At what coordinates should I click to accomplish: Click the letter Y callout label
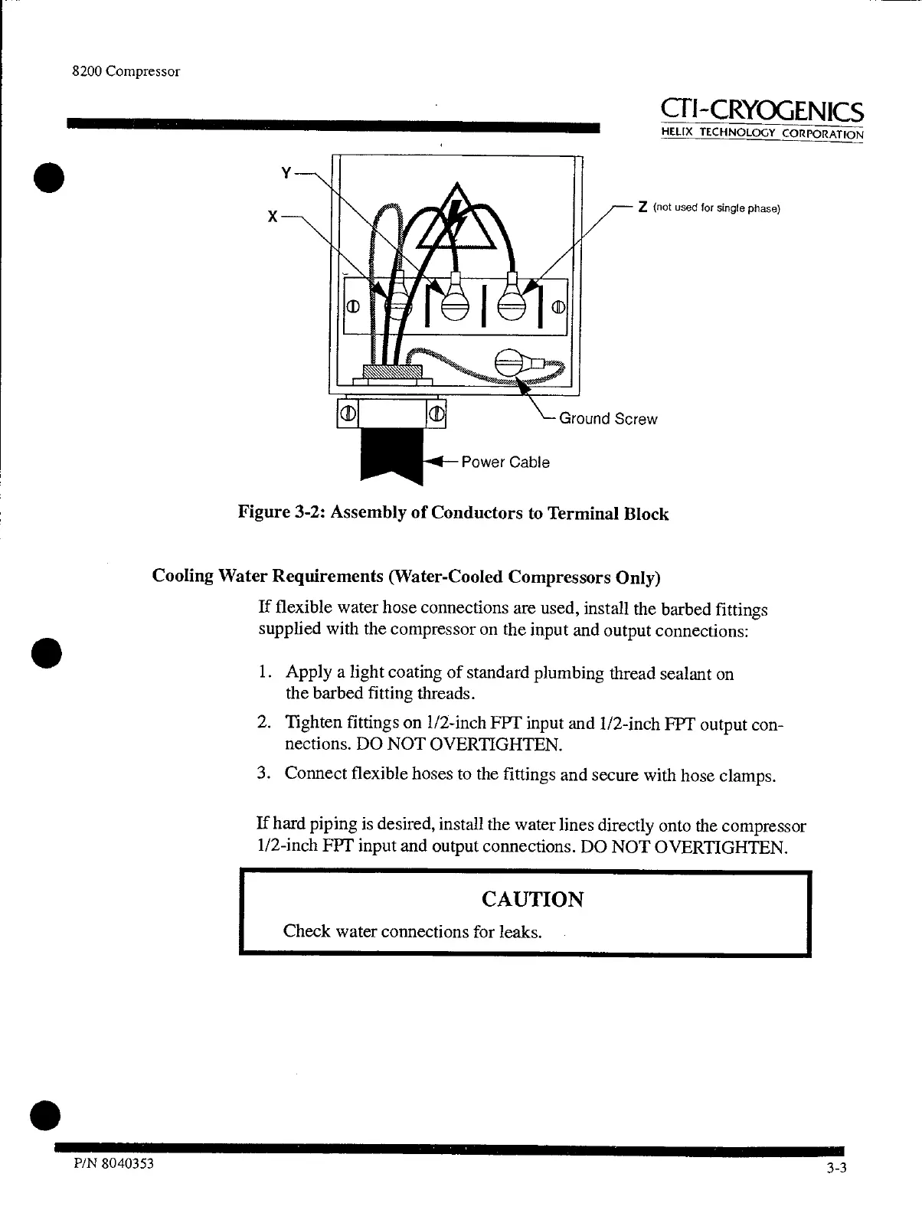(286, 173)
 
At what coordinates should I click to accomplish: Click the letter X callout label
(271, 217)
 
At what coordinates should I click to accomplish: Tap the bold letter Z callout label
(643, 208)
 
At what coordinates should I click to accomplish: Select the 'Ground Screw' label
(608, 419)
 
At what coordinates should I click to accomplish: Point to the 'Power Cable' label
(505, 463)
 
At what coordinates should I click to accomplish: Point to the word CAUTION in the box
(532, 899)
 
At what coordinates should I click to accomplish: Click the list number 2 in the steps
(262, 724)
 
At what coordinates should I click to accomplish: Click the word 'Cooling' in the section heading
(183, 575)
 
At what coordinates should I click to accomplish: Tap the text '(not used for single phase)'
(715, 208)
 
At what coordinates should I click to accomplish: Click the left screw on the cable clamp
(348, 414)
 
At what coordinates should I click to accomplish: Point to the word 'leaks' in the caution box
(520, 932)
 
